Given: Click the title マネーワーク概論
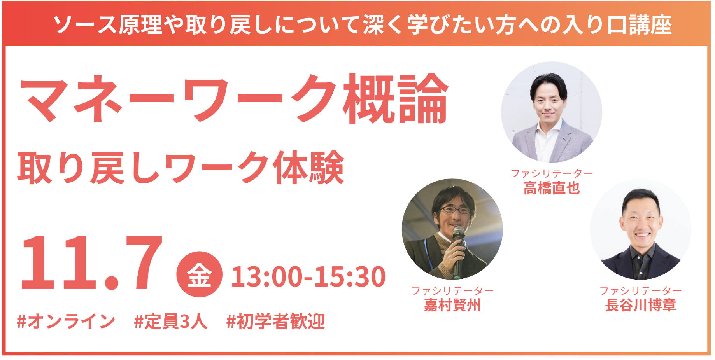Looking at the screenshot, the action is pyautogui.click(x=235, y=99).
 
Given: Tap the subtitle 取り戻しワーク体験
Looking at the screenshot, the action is pyautogui.click(x=181, y=168).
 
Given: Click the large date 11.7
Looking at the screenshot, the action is pyautogui.click(x=91, y=263).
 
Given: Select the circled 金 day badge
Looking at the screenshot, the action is pyautogui.click(x=199, y=274).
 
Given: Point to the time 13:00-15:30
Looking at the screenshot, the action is pyautogui.click(x=308, y=277).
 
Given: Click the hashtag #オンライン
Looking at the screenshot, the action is pyautogui.click(x=66, y=322).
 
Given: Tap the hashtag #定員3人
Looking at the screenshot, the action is pyautogui.click(x=171, y=322).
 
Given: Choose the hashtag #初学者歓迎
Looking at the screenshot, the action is pyautogui.click(x=276, y=322).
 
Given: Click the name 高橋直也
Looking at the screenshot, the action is pyautogui.click(x=552, y=188).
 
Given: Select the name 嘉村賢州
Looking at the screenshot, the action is pyautogui.click(x=452, y=305).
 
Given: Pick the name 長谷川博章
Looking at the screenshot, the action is pyautogui.click(x=641, y=305).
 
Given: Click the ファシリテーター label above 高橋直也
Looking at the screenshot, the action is pyautogui.click(x=552, y=173).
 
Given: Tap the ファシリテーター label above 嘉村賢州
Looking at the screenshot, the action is pyautogui.click(x=452, y=291).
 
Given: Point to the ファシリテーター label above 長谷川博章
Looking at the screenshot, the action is pyautogui.click(x=641, y=291).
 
